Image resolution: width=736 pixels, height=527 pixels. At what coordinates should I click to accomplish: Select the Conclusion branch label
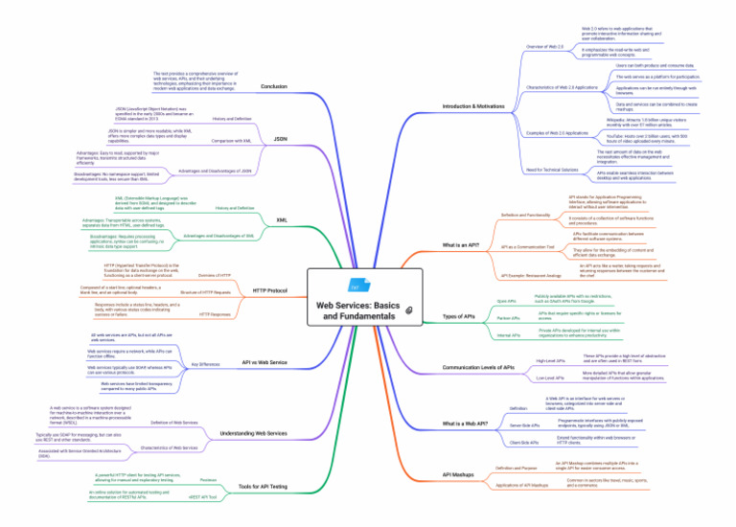point(273,86)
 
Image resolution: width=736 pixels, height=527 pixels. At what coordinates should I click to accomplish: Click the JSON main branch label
point(280,139)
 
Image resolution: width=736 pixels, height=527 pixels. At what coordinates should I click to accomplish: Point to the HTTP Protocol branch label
point(269,290)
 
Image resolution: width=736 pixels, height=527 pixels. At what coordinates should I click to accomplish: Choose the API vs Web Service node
point(264,362)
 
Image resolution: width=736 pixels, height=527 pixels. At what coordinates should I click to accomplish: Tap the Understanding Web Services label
point(254,434)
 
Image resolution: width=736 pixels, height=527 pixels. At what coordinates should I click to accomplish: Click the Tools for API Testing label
point(262,488)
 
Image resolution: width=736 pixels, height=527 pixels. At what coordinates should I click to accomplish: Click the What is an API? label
point(462,245)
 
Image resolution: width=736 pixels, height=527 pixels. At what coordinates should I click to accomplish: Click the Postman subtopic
point(207,478)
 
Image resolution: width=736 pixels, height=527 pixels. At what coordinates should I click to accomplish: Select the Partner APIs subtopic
point(508,317)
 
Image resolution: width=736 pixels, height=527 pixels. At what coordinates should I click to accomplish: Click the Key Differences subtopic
point(206,364)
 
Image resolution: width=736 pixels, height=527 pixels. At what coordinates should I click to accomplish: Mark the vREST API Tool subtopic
point(202,497)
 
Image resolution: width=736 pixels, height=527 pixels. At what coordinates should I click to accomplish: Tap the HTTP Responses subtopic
point(214,314)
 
